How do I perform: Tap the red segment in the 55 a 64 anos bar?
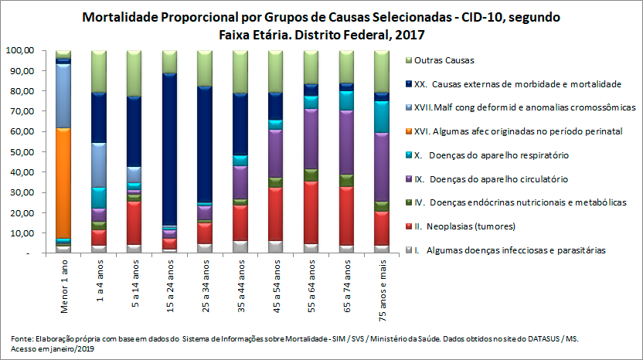click(311, 212)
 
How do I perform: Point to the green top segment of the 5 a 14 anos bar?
click(134, 73)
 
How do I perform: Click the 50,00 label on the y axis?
click(22, 151)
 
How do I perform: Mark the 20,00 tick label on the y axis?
click(22, 212)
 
